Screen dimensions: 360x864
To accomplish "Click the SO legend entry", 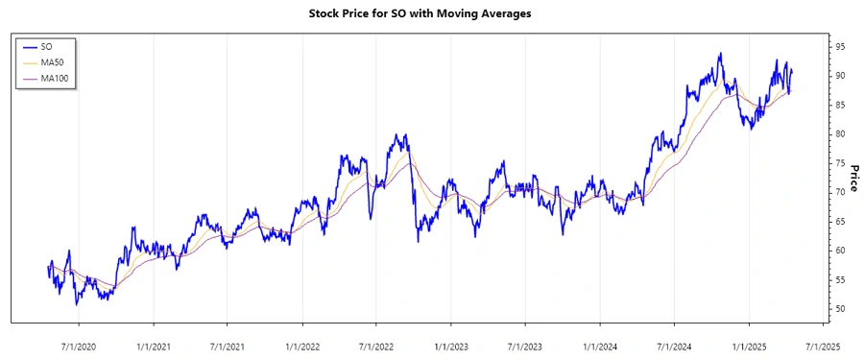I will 48,46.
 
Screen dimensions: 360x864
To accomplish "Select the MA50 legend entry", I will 53,62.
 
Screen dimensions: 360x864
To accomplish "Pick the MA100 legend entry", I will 55,78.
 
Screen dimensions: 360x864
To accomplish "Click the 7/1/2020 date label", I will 79,346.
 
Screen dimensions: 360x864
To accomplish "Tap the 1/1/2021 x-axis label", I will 154,346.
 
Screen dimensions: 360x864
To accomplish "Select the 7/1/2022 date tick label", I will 376,346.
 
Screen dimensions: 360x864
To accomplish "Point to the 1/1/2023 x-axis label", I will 451,346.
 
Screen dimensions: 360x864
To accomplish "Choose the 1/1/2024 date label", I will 600,346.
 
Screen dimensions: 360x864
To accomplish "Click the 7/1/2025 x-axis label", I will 823,346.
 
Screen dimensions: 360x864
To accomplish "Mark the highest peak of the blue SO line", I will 719,54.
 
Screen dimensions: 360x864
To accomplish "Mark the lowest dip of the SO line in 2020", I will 77,304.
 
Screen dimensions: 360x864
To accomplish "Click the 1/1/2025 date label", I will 749,346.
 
